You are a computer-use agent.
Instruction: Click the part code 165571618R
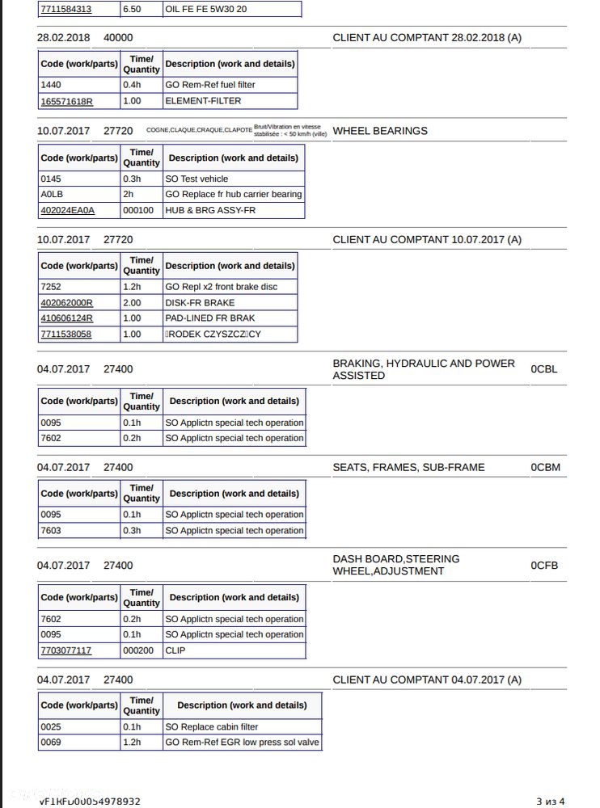66,101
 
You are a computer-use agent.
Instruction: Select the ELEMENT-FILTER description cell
203,101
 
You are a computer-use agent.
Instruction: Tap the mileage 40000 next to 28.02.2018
118,37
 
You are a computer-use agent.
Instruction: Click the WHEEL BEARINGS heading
380,131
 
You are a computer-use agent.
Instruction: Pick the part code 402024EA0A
67,210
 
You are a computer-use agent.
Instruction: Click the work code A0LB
51,195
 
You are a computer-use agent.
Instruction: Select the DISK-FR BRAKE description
200,303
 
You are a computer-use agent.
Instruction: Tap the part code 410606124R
66,318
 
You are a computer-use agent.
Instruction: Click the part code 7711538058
65,335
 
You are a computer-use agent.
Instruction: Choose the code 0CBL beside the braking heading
544,369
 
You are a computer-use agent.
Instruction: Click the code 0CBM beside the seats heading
545,467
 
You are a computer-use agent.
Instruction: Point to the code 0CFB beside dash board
544,566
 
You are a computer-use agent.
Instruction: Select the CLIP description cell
175,650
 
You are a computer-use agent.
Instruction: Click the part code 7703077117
65,650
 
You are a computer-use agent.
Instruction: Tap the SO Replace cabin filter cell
212,727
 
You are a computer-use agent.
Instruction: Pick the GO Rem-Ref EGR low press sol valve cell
242,743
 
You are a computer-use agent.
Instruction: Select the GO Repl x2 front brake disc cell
221,287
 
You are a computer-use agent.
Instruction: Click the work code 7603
51,531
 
